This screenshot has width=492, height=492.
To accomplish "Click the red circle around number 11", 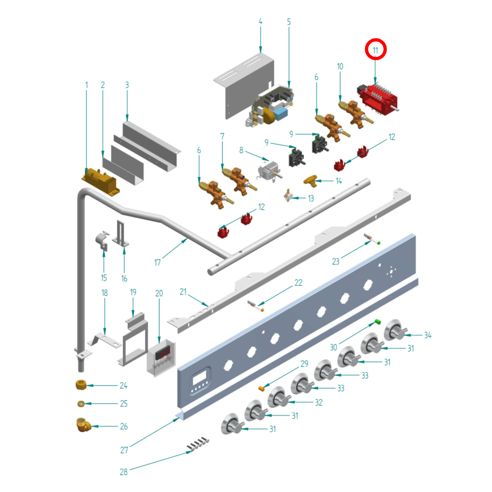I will tap(376, 49).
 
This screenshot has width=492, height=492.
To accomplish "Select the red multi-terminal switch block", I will tap(378, 99).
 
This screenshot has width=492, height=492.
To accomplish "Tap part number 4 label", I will tap(260, 22).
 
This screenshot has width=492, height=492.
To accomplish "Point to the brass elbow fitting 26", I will tap(83, 425).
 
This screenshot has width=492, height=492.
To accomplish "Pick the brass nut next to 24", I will tap(81, 385).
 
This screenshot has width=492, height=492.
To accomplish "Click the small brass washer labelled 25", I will tap(81, 403).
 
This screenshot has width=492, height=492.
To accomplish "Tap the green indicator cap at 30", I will tap(378, 321).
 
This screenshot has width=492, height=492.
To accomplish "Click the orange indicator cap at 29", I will tap(261, 388).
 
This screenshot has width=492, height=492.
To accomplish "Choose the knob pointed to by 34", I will tap(395, 330).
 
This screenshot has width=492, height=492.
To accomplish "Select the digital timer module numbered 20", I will tap(161, 358).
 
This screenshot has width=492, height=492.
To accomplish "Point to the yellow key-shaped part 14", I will tap(311, 180).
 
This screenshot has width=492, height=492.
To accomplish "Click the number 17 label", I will tap(157, 263).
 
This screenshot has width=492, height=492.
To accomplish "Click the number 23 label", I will tap(336, 261).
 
